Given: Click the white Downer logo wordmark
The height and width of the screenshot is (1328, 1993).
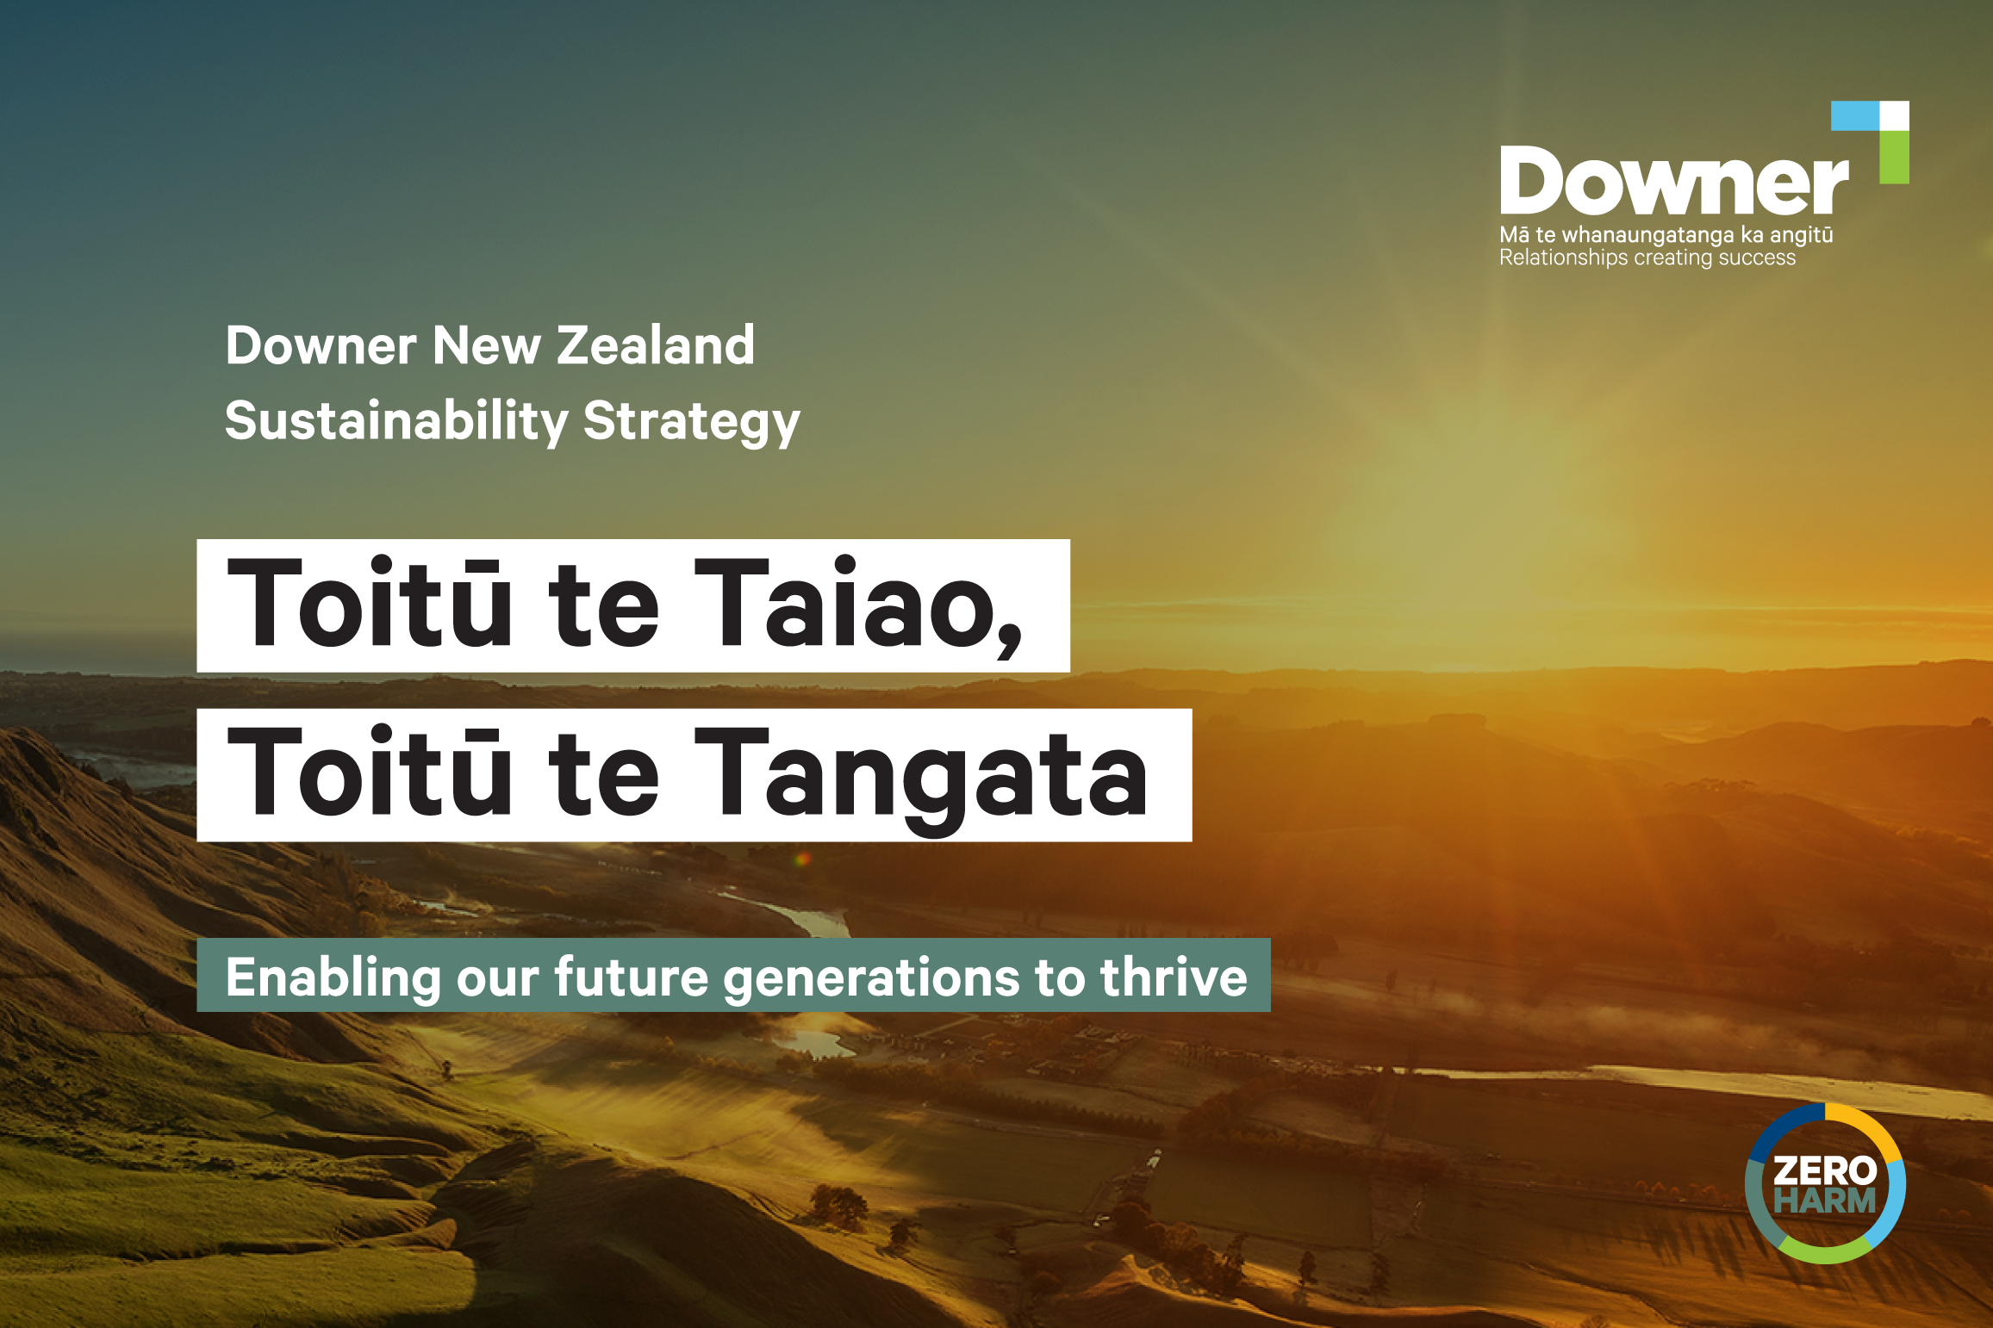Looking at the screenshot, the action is (1673, 180).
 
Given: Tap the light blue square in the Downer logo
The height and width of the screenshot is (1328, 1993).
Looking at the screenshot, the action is (1854, 115).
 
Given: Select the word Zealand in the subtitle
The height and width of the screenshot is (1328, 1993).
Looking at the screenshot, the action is (656, 345).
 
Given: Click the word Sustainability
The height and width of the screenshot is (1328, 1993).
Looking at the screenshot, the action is (396, 421).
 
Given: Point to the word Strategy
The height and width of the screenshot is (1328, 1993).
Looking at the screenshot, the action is (692, 423).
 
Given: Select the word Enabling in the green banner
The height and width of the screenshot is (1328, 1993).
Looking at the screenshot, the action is (333, 978).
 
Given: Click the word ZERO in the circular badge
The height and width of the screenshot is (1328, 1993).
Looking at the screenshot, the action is (1825, 1170).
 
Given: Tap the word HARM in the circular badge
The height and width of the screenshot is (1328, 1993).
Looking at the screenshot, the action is (1825, 1201).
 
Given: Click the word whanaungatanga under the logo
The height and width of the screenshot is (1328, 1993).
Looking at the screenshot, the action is (1647, 235).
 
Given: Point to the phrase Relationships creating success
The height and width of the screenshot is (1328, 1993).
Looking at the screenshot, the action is (1647, 258).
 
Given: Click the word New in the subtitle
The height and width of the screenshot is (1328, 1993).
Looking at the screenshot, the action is (487, 345).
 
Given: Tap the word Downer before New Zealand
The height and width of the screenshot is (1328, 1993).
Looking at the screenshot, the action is (321, 345).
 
